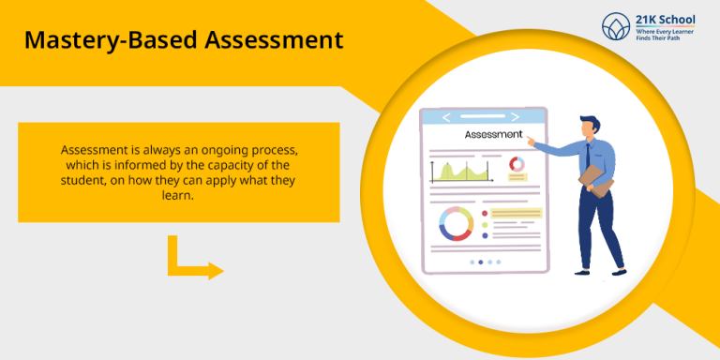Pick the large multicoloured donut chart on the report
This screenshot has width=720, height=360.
pos(456,223)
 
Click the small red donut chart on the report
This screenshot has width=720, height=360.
pos(517,165)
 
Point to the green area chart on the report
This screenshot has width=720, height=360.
pos(461,172)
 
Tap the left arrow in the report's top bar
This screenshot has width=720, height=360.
pos(446,117)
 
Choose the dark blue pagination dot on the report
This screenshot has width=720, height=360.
pos(481,262)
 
